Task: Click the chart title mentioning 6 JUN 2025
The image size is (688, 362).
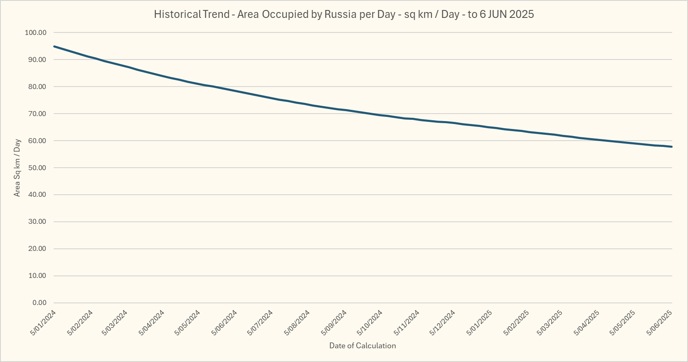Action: (x=344, y=14)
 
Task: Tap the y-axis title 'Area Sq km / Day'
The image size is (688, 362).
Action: (x=17, y=168)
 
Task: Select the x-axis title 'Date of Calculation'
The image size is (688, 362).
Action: (x=362, y=346)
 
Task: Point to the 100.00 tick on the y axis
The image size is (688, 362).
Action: (x=36, y=33)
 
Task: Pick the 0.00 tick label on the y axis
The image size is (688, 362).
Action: (x=39, y=303)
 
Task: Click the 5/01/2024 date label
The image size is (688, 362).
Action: (x=43, y=322)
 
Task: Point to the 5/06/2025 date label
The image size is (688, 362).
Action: (x=659, y=322)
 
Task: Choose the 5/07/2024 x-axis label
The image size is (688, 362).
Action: (x=260, y=322)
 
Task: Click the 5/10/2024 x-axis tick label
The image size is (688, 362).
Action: (x=370, y=322)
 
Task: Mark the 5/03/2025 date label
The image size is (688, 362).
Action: (x=550, y=322)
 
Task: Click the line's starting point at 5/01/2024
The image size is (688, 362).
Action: (x=54, y=47)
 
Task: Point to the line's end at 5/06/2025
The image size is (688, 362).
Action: (x=672, y=146)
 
